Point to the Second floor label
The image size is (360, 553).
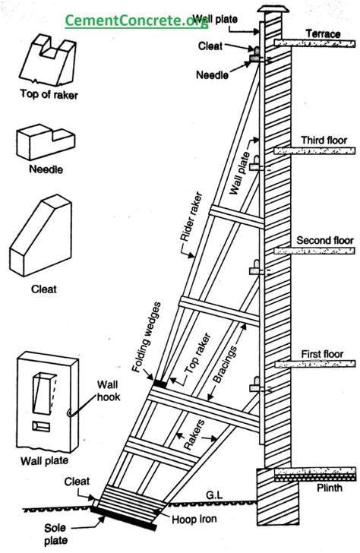pyautogui.click(x=324, y=241)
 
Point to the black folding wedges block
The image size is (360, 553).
pyautogui.click(x=160, y=382)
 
